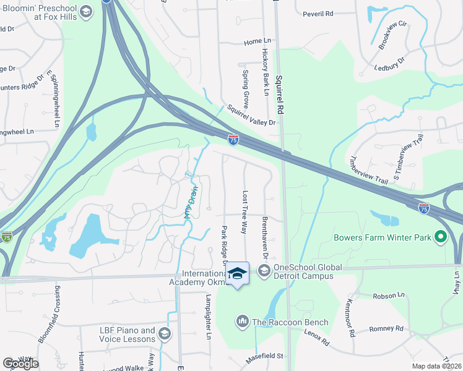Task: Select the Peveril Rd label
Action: click(x=318, y=14)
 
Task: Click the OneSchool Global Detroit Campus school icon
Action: click(x=264, y=270)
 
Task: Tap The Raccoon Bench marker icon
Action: click(x=242, y=321)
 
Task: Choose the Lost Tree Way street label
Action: click(x=244, y=212)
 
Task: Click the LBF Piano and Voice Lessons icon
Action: click(x=164, y=335)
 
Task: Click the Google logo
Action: click(x=20, y=363)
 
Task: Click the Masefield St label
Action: click(x=264, y=356)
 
